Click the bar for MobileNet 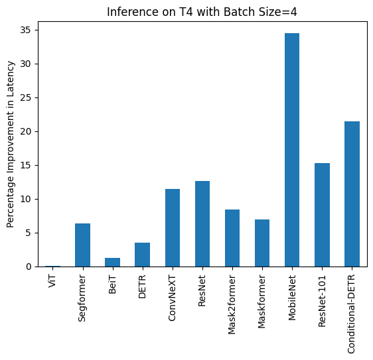(292, 150)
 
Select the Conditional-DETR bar (352, 194)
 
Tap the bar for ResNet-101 (322, 215)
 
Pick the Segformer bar (82, 245)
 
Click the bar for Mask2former (232, 238)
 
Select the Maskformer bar (262, 243)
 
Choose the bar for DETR (142, 255)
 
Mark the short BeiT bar (112, 263)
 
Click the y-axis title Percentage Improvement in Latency (11, 144)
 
